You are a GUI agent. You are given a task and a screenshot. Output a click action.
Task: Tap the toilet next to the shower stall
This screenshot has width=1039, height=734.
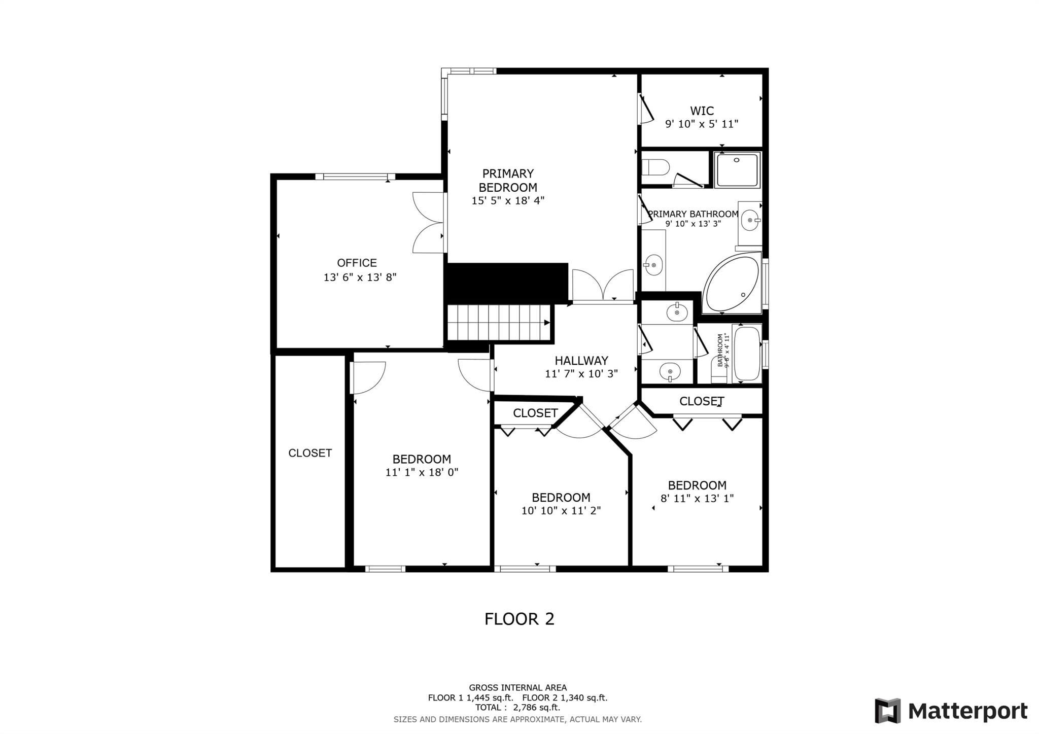654,166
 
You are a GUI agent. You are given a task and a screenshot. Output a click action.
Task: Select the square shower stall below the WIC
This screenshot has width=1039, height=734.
737,170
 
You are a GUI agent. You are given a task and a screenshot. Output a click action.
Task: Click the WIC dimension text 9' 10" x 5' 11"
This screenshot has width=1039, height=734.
702,124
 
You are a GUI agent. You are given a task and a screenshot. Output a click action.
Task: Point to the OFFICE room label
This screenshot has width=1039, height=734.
357,263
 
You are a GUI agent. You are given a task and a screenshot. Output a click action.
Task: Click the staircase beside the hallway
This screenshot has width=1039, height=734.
498,323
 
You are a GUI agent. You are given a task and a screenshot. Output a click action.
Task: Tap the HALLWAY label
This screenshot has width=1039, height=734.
581,361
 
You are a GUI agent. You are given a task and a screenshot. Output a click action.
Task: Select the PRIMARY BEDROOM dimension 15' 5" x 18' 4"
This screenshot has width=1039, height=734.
508,200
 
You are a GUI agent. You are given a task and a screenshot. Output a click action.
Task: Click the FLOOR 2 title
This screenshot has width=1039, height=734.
519,619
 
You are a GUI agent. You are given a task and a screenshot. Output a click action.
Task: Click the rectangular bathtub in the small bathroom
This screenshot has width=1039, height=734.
747,354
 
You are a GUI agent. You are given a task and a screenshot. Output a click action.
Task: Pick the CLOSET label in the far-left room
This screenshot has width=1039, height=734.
310,453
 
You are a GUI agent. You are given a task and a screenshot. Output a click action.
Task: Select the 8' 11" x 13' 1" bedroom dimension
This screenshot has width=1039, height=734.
697,499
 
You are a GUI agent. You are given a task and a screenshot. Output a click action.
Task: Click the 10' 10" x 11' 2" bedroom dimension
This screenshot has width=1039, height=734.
561,511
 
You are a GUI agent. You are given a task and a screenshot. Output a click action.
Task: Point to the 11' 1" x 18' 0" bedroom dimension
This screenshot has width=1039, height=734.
422,472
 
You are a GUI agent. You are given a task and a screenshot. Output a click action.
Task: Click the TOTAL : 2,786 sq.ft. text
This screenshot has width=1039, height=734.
517,707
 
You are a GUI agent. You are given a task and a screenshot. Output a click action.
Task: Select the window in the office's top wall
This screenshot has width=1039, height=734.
355,177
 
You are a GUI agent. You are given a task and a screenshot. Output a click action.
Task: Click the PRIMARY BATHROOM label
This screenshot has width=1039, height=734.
693,214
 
